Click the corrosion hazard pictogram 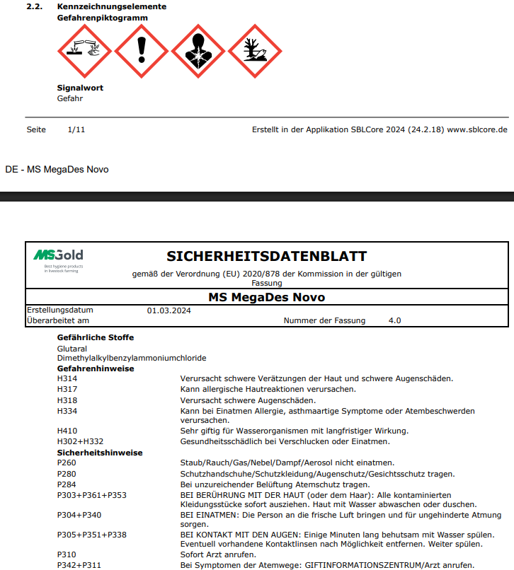click(x=85, y=51)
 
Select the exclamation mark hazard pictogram click(x=141, y=51)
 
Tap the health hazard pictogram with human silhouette click(x=198, y=51)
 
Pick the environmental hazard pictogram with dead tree click(x=254, y=51)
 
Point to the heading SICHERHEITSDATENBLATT click(x=267, y=256)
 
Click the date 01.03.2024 click(x=169, y=310)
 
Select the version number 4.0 click(x=395, y=320)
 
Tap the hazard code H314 click(x=67, y=379)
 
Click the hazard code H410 click(x=67, y=431)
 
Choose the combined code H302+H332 click(x=80, y=441)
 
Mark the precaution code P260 click(x=67, y=463)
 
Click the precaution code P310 click(x=67, y=555)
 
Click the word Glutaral click(x=72, y=348)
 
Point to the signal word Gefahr click(x=70, y=98)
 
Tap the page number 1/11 click(x=76, y=129)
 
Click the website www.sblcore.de click(x=477, y=129)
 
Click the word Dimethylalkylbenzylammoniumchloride click(x=132, y=358)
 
